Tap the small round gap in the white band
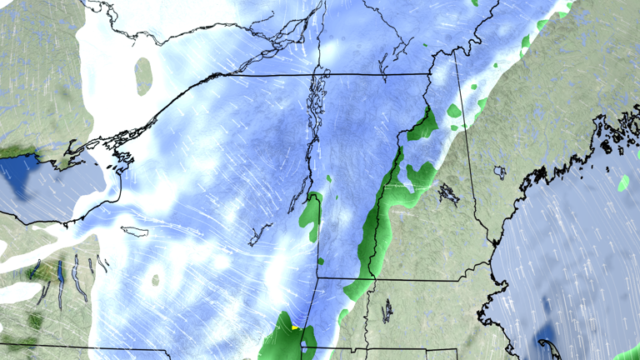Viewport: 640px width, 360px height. (x=155, y=280)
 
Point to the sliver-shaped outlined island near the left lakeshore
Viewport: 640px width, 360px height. (x=133, y=231)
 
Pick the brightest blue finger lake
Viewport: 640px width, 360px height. (x=61, y=272)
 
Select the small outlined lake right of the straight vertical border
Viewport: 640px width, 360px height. (x=500, y=172)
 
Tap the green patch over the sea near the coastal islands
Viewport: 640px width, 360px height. (x=625, y=182)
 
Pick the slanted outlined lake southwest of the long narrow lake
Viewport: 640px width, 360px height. (x=261, y=232)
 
